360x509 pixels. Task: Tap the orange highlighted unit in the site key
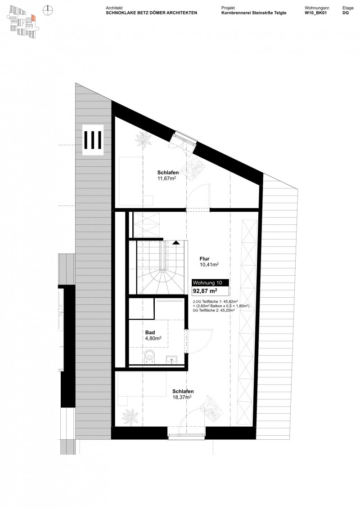coord(33,18)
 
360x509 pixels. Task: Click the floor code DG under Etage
coord(346,13)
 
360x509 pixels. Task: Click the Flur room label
coord(205,259)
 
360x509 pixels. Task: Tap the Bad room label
coord(150,333)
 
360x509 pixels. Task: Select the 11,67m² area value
coord(166,179)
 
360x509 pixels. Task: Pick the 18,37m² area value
coord(182,397)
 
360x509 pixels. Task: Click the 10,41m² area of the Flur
coord(209,265)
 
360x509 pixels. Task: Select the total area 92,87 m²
coord(205,291)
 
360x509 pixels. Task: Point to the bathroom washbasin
coord(171,359)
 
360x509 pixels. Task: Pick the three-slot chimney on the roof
coord(93,140)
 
